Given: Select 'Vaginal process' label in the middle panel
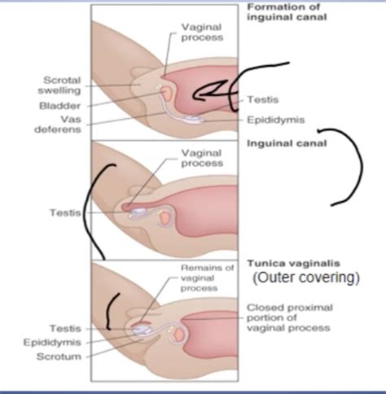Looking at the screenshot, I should coord(201,157).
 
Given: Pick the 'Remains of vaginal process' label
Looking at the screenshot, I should coord(208,277).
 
